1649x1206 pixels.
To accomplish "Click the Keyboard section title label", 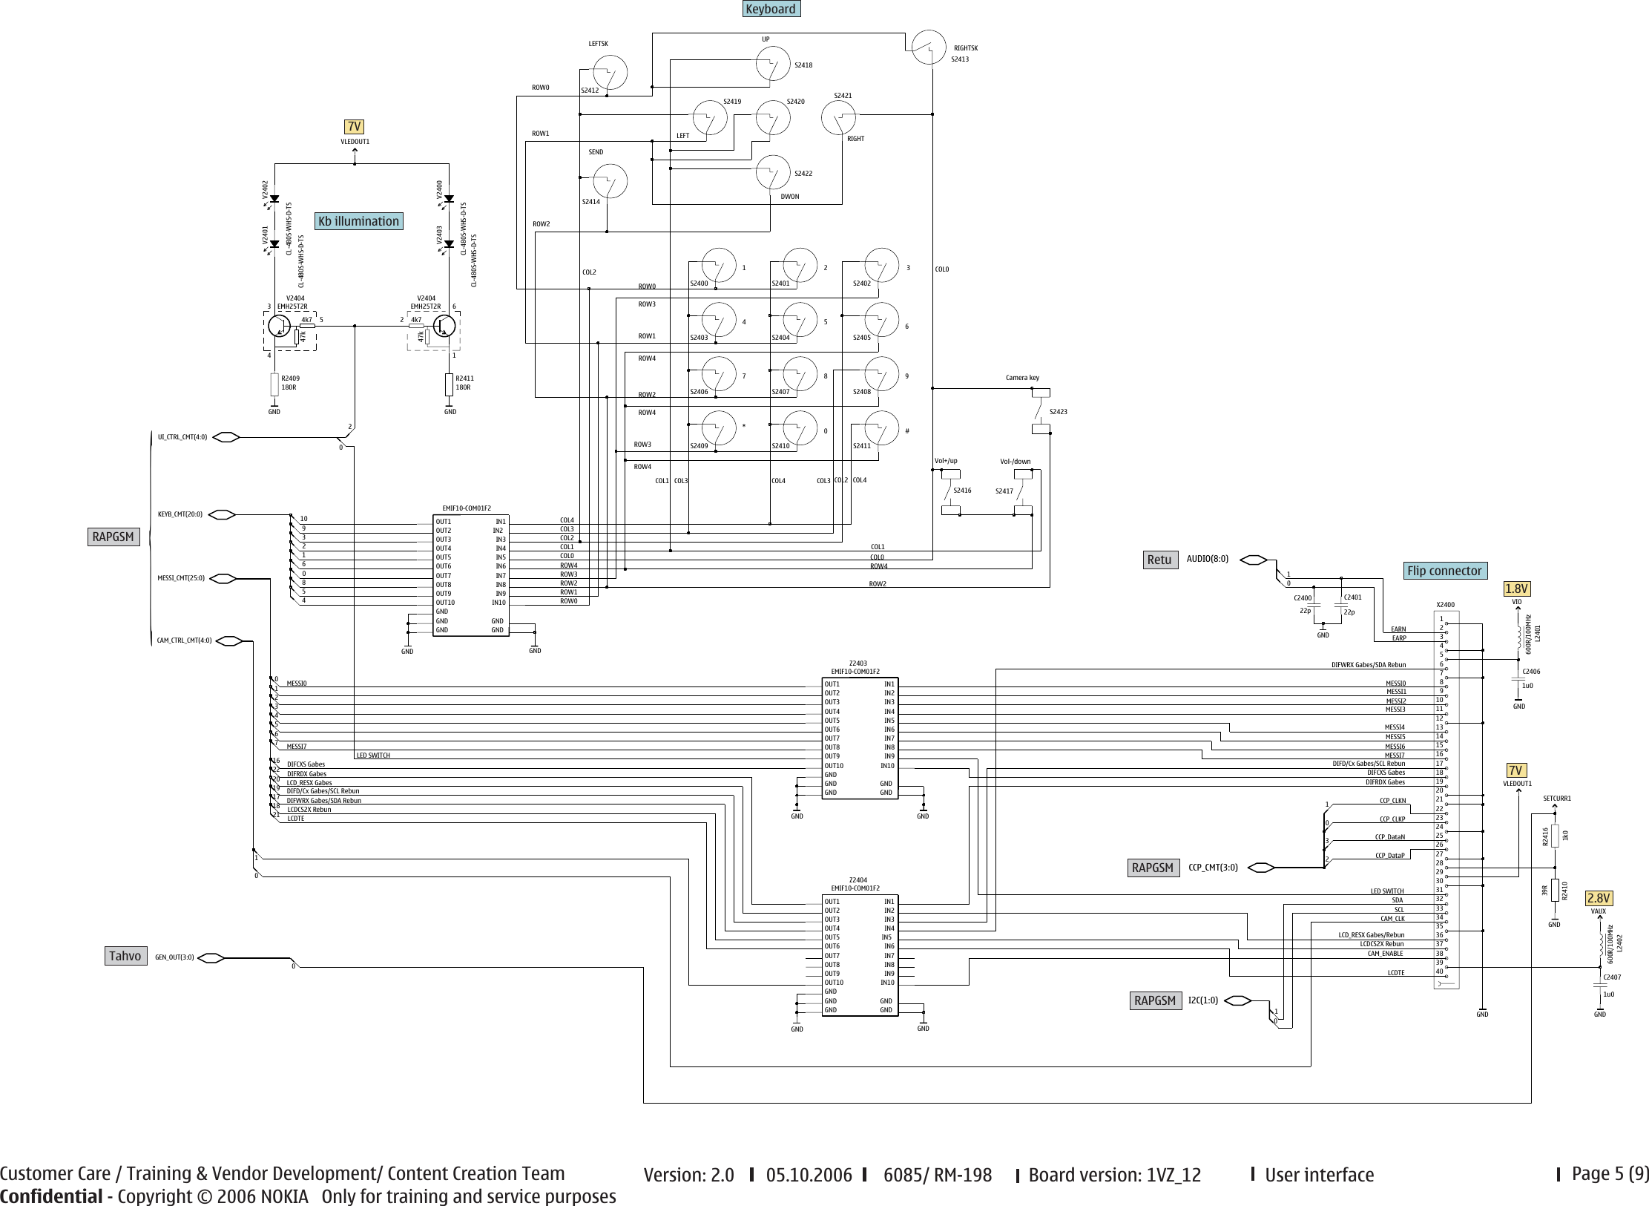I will click(771, 9).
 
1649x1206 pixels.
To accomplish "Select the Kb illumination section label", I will click(358, 221).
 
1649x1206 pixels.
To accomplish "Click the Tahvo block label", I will click(125, 956).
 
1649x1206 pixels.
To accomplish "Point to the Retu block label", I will click(1159, 560).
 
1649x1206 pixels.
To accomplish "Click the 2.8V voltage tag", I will click(1599, 898).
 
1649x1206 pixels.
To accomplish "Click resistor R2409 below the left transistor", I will click(274, 384).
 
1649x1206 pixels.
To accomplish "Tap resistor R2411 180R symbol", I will click(449, 384).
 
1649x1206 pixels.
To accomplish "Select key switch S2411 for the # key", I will click(881, 430).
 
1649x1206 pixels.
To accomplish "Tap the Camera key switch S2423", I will click(1041, 410).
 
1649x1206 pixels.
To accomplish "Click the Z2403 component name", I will click(858, 663).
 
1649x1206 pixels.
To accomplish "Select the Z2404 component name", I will click(858, 879).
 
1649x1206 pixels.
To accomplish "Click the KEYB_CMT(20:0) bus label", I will click(180, 514).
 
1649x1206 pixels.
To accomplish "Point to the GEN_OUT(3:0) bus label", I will click(174, 957).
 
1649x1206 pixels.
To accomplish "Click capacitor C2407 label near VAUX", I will click(1612, 977).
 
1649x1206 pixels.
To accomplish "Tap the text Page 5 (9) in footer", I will click(1610, 1173).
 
